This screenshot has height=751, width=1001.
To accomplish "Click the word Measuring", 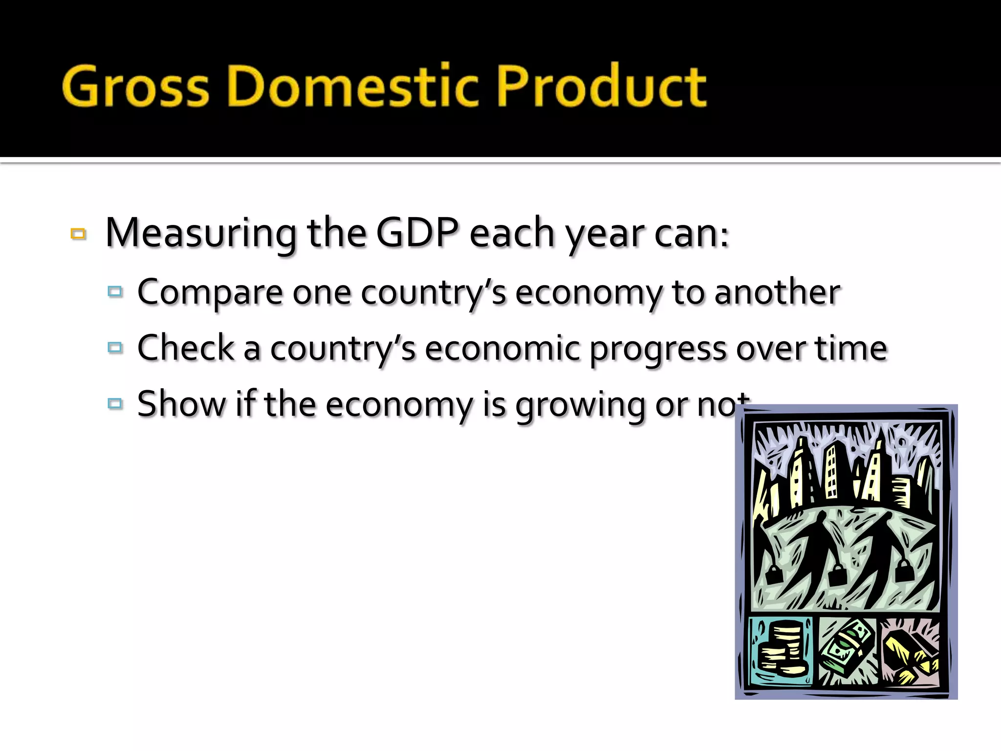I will click(x=200, y=234).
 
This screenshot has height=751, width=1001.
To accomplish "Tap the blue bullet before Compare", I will click(x=115, y=292).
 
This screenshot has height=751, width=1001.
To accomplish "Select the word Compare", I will click(x=210, y=292).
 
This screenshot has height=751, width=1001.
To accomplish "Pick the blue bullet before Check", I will click(x=115, y=348).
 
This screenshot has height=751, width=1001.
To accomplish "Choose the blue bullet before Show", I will click(x=115, y=404).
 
